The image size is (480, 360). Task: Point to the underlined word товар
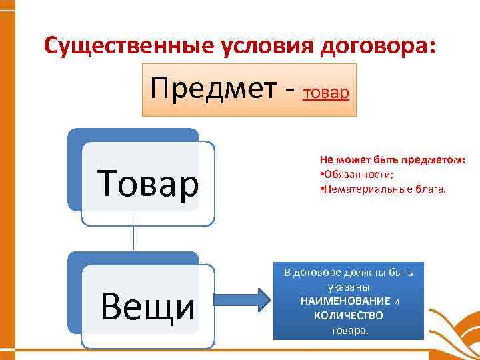click(x=325, y=93)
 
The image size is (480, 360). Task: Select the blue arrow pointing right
click(x=243, y=301)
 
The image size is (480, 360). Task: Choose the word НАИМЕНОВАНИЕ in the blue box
click(x=345, y=301)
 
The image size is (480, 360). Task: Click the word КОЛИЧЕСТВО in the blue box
click(x=349, y=315)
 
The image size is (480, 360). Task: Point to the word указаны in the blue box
click(x=349, y=287)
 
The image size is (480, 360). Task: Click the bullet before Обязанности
click(x=321, y=175)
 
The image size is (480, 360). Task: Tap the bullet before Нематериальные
click(x=321, y=188)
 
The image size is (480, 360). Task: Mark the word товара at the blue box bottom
click(x=349, y=329)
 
